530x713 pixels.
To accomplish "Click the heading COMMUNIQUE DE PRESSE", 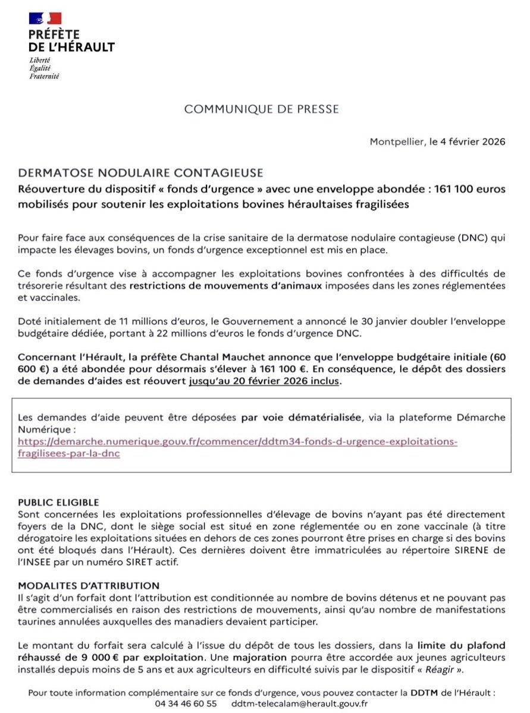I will tap(262, 109).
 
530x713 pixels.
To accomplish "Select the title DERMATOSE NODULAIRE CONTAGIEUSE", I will tap(140, 173).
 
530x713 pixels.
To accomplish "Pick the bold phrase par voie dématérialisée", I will tap(301, 417).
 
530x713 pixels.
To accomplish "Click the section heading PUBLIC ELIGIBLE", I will tap(58, 502).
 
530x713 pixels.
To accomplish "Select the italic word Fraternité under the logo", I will tap(45, 77).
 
